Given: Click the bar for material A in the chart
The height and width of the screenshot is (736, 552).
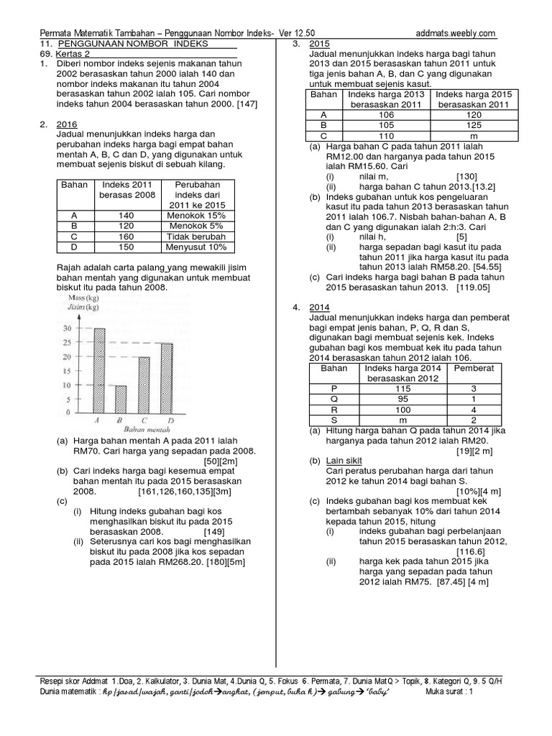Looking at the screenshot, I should [99, 370].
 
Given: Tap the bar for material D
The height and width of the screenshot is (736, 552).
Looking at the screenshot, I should [166, 377].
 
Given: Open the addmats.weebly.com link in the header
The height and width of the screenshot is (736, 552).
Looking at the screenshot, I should [456, 33].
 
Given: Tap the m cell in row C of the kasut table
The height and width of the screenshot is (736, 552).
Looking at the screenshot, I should [472, 135].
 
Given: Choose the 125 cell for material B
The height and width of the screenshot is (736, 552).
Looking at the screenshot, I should [472, 124].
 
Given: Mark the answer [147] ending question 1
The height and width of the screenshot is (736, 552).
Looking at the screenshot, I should [244, 104].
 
